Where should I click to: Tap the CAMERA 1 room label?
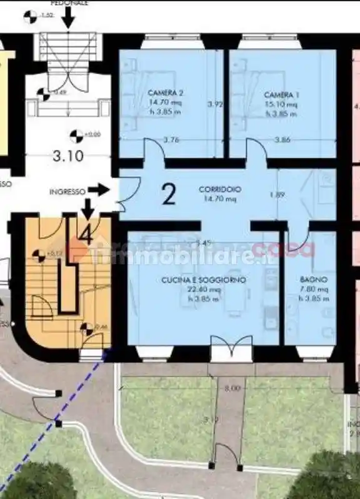pyautogui.click(x=281, y=94)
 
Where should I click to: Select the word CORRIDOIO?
pyautogui.click(x=220, y=189)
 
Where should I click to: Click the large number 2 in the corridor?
pyautogui.click(x=169, y=194)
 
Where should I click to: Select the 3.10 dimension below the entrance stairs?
pyautogui.click(x=69, y=156)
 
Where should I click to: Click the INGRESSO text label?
pyautogui.click(x=67, y=192)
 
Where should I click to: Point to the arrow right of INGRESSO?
pyautogui.click(x=98, y=188)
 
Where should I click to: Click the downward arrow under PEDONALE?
pyautogui.click(x=69, y=19)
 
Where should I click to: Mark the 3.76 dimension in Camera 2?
pyautogui.click(x=171, y=140)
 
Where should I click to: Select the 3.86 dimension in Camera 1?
pyautogui.click(x=282, y=140)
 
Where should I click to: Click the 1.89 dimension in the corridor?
pyautogui.click(x=277, y=195)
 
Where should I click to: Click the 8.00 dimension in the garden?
pyautogui.click(x=232, y=388)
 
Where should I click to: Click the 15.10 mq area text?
pyautogui.click(x=281, y=104)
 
